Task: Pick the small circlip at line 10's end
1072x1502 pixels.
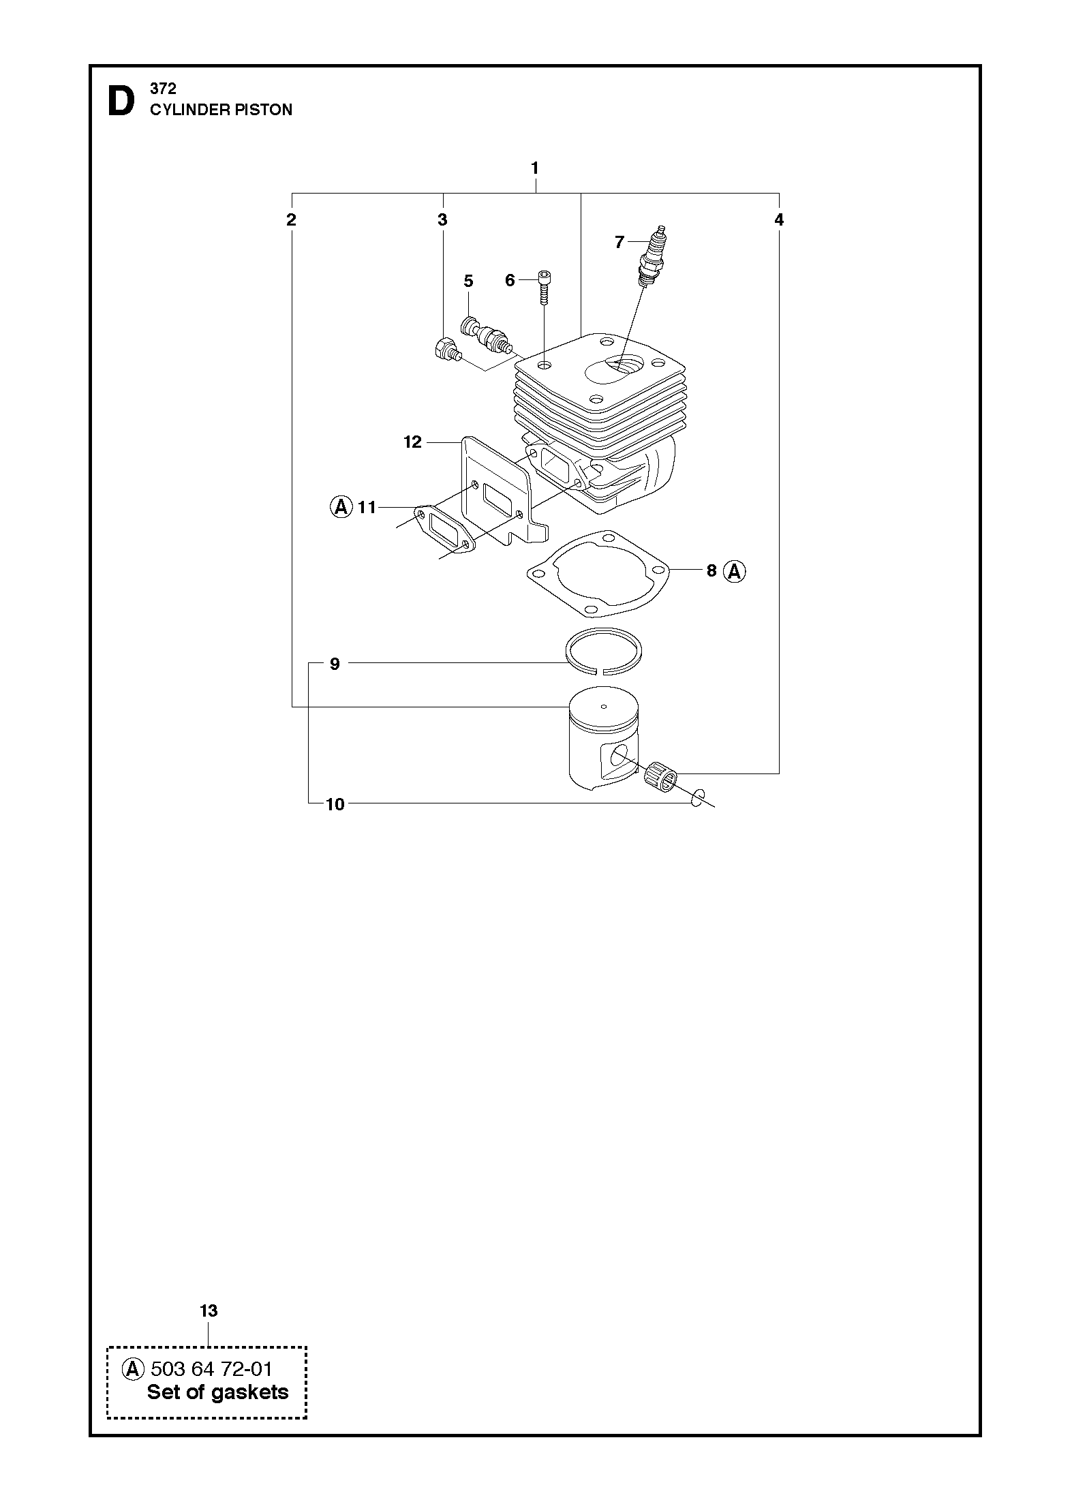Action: tap(696, 798)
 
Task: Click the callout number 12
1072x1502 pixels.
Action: tap(413, 442)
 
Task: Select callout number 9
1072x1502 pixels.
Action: tap(335, 664)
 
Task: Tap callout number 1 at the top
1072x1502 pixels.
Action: tap(535, 168)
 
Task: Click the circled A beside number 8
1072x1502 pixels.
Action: tap(735, 571)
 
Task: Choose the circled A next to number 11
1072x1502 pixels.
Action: tap(341, 507)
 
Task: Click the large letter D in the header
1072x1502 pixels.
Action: tap(121, 102)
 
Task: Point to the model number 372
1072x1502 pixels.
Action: tap(163, 89)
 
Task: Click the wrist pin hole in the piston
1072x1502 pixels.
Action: tap(619, 756)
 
